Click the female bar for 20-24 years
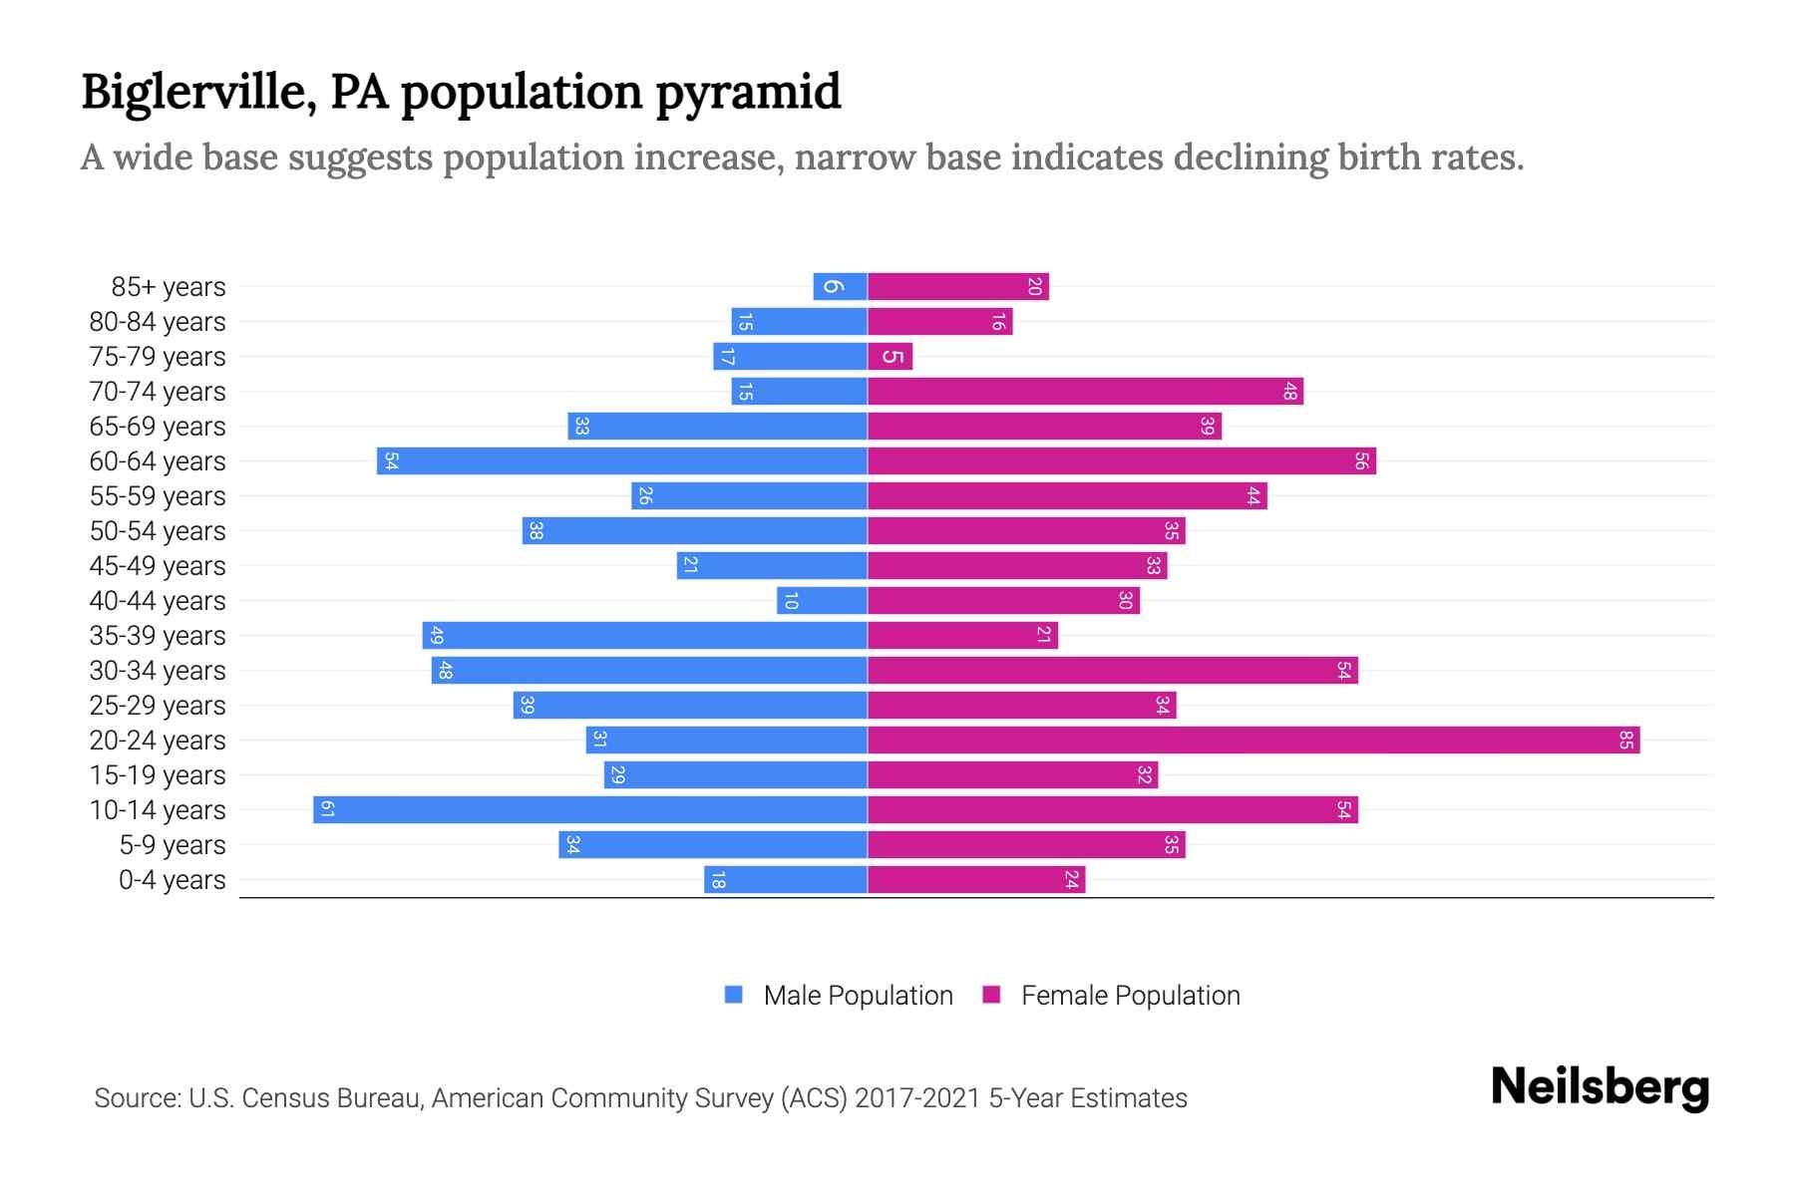pyautogui.click(x=1253, y=740)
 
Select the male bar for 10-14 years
pyautogui.click(x=590, y=809)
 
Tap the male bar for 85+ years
pyautogui.click(x=840, y=287)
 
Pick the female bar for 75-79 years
pyautogui.click(x=890, y=357)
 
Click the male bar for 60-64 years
pyautogui.click(x=622, y=461)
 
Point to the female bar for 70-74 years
pyautogui.click(x=1085, y=392)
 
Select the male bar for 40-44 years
pyautogui.click(x=822, y=601)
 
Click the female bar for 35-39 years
pyautogui.click(x=962, y=635)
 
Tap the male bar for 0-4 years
pyautogui.click(x=786, y=879)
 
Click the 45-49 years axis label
pyautogui.click(x=158, y=566)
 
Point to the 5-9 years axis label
pyautogui.click(x=173, y=845)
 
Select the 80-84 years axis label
pyautogui.click(x=158, y=322)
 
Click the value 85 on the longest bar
pyautogui.click(x=1625, y=740)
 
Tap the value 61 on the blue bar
pyautogui.click(x=327, y=809)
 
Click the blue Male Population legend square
pyautogui.click(x=734, y=995)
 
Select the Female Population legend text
pyautogui.click(x=1130, y=995)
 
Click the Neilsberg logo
pyautogui.click(x=1600, y=1087)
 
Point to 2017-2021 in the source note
pyautogui.click(x=917, y=1098)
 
